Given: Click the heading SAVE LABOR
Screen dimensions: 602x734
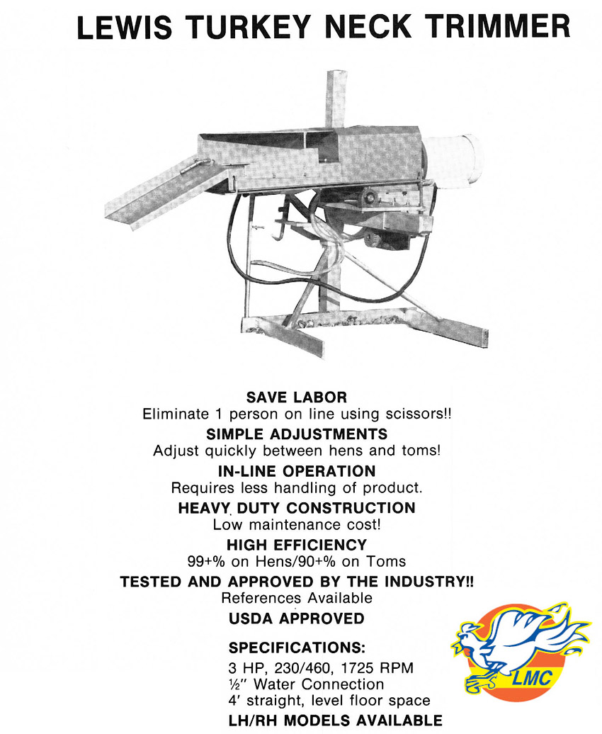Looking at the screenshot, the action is (x=297, y=397).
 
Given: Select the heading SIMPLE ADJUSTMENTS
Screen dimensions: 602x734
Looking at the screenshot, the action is (x=297, y=434).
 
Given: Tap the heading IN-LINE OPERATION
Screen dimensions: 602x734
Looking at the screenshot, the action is (x=297, y=471).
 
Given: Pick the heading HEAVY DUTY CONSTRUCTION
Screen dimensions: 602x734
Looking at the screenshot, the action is (x=297, y=508).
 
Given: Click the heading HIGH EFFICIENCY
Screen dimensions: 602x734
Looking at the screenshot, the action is (x=297, y=545).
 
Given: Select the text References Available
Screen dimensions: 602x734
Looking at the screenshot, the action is (x=297, y=598).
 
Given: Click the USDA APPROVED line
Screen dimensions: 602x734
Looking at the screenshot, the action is (x=297, y=619).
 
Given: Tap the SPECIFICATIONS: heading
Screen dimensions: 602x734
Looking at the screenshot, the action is (x=297, y=648).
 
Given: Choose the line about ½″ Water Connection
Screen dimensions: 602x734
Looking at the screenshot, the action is (x=306, y=684).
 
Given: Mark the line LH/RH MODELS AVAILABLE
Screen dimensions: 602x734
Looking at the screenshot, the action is (x=335, y=721).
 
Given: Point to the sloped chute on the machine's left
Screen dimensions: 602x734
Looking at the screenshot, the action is (x=159, y=192).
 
